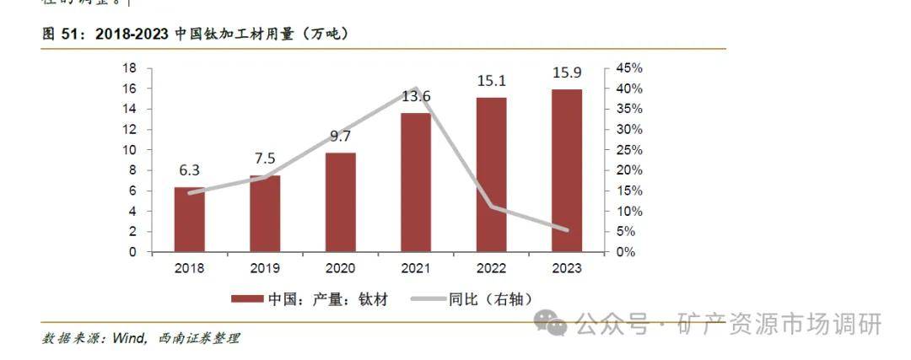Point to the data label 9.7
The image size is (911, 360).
(x=340, y=136)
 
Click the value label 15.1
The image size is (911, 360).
(x=491, y=81)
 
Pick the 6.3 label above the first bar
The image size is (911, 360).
(x=189, y=170)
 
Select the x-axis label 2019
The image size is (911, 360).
(x=264, y=268)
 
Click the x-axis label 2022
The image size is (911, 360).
(x=491, y=268)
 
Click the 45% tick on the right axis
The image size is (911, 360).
(x=628, y=68)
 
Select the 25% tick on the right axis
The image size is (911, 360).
(x=628, y=150)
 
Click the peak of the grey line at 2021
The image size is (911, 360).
(x=416, y=88)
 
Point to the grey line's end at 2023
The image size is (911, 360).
(x=566, y=230)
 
